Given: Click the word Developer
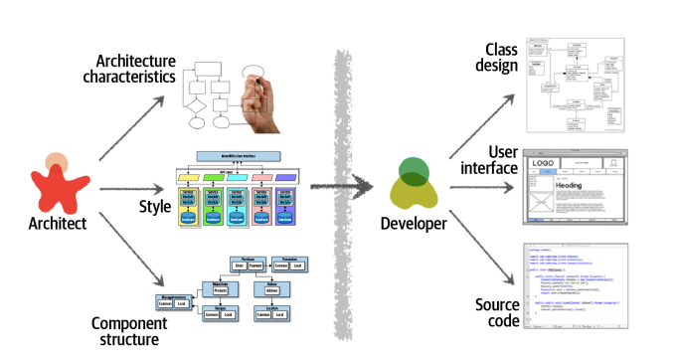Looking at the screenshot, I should click(417, 224).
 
